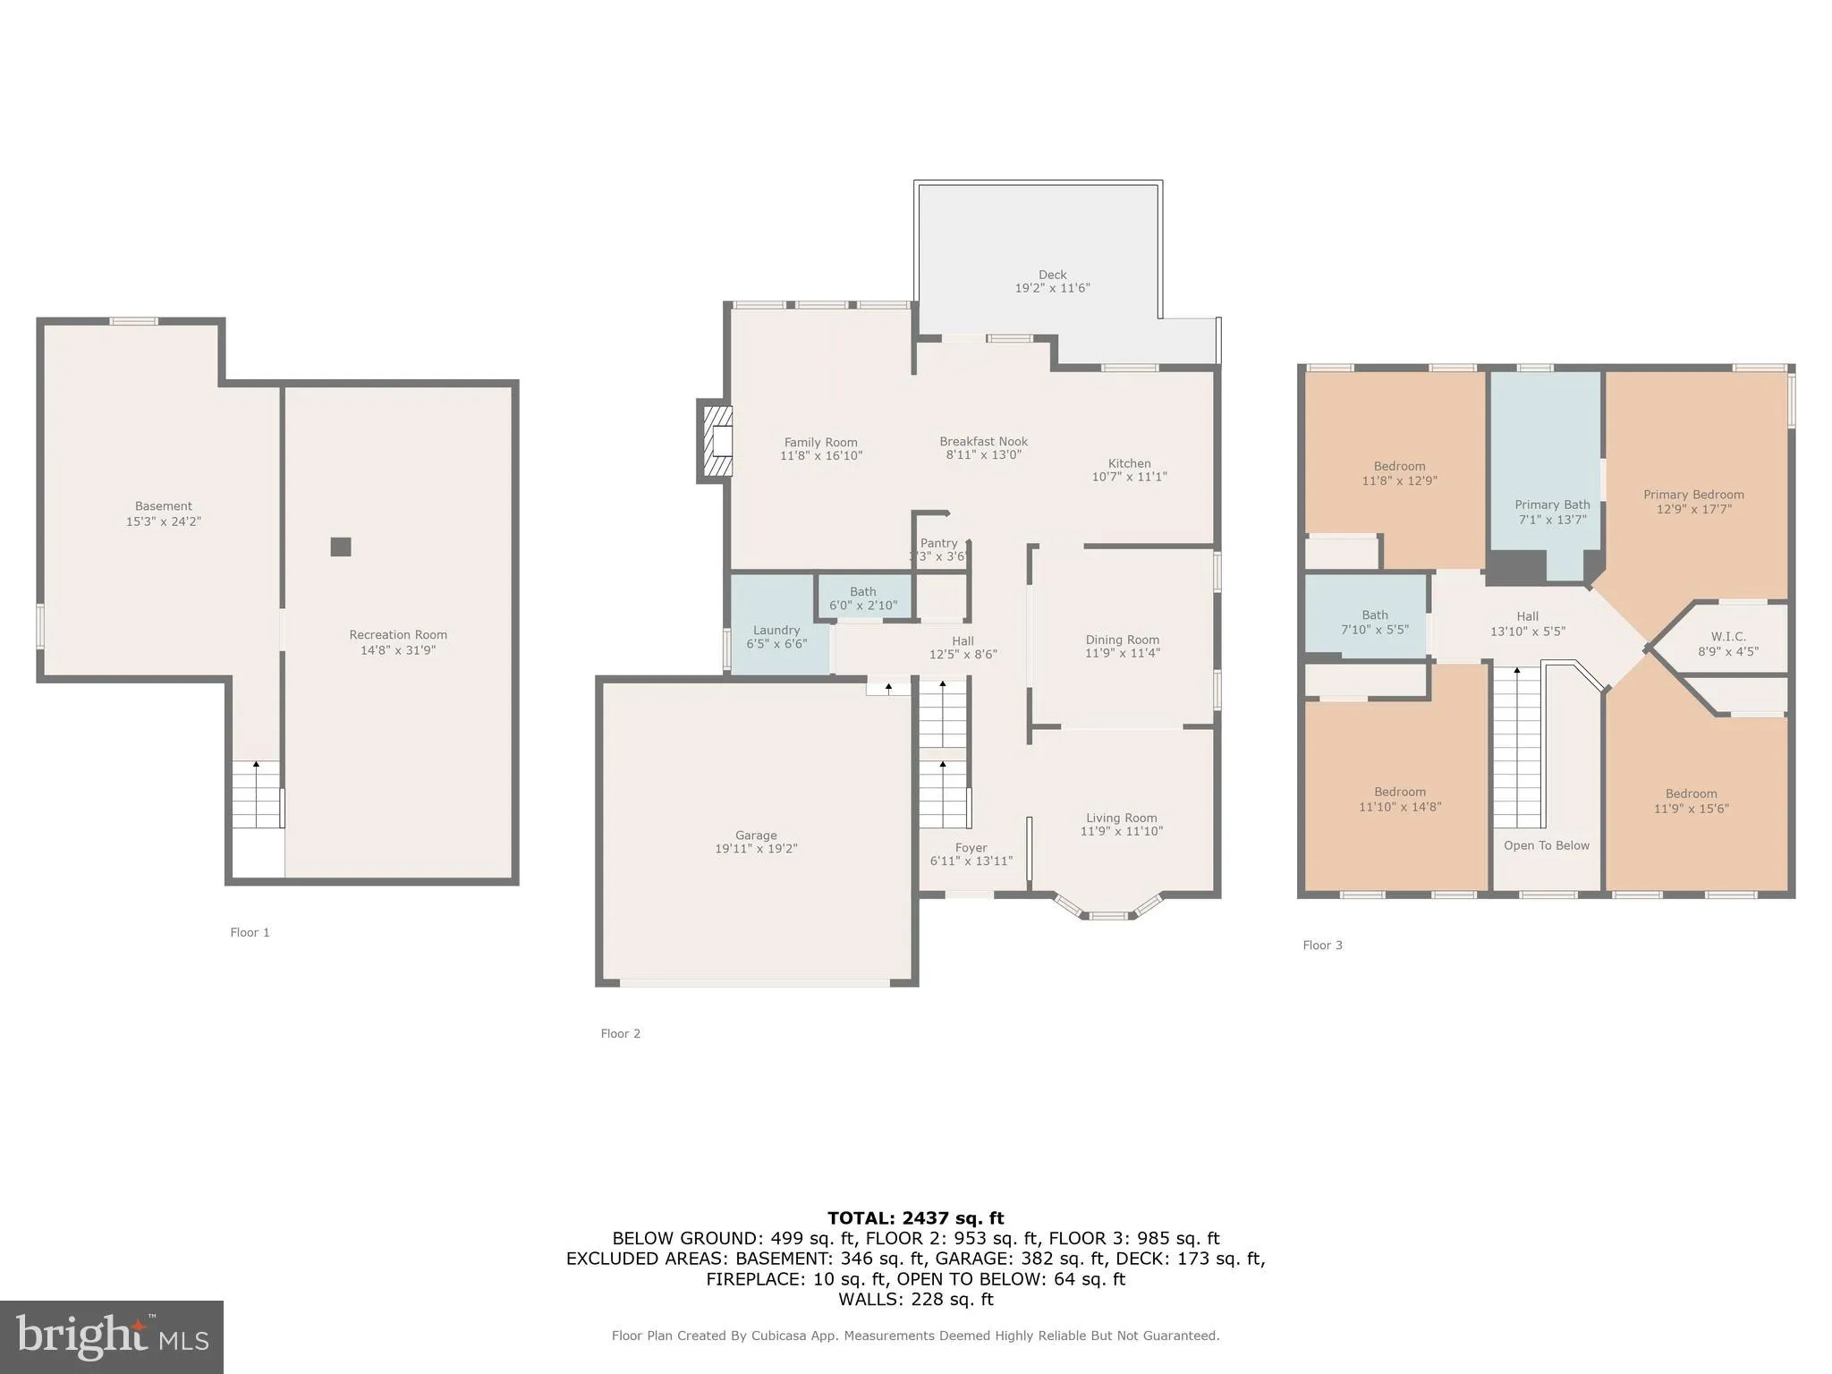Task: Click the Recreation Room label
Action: pos(398,635)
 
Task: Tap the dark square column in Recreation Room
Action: pos(341,547)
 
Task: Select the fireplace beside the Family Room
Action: pos(717,441)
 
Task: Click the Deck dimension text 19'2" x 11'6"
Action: pos(1052,288)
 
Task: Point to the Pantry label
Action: pos(938,543)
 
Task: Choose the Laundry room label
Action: pos(776,630)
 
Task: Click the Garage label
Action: pos(756,835)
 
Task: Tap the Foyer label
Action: pos(971,847)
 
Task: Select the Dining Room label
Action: pos(1122,640)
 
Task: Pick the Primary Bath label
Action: pos(1552,505)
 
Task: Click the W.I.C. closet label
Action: pos(1727,637)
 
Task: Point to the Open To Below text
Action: pos(1546,845)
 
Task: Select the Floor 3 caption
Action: pos(1322,945)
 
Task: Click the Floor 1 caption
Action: pos(250,932)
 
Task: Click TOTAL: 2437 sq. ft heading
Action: pos(915,1217)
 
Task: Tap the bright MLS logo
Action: pos(111,1336)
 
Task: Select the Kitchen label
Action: pos(1129,463)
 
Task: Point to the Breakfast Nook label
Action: pos(983,441)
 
